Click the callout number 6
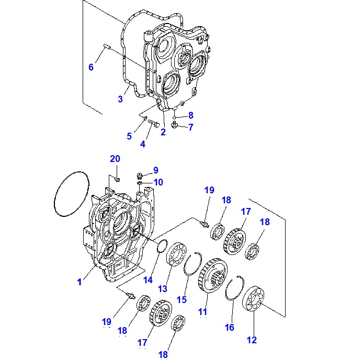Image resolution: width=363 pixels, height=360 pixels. (90, 67)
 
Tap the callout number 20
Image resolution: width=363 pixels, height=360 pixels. (115, 159)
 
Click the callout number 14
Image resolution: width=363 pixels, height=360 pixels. (148, 280)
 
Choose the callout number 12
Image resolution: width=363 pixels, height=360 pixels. (252, 340)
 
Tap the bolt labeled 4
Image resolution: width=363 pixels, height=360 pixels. (153, 124)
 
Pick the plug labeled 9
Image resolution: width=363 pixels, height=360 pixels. (140, 176)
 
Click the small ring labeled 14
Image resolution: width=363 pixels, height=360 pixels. (163, 247)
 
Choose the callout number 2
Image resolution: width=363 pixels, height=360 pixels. (163, 132)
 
